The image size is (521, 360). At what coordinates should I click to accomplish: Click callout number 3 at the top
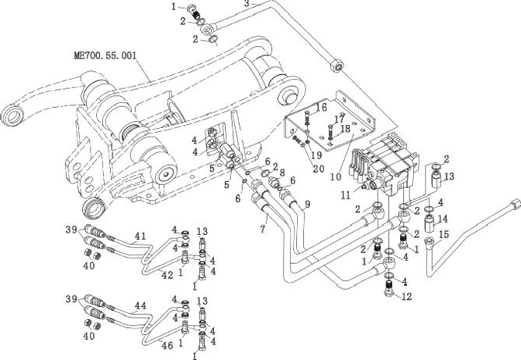click(x=247, y=4)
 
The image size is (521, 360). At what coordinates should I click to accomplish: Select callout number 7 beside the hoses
click(x=263, y=228)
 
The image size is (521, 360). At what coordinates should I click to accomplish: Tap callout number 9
click(x=307, y=204)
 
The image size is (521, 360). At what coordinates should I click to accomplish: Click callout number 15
click(x=442, y=234)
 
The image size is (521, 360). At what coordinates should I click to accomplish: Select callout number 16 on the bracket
click(x=321, y=107)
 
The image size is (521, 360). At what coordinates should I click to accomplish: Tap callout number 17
click(x=337, y=119)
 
